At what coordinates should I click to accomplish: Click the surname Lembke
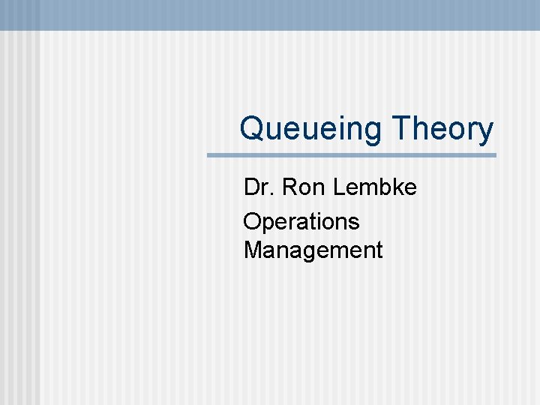(374, 187)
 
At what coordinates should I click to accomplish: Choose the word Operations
(301, 222)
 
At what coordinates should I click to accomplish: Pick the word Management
(313, 250)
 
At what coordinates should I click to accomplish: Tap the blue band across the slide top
(270, 14)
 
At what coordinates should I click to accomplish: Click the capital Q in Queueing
(252, 129)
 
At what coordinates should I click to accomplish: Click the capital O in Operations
(252, 222)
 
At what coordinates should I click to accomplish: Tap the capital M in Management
(253, 250)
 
